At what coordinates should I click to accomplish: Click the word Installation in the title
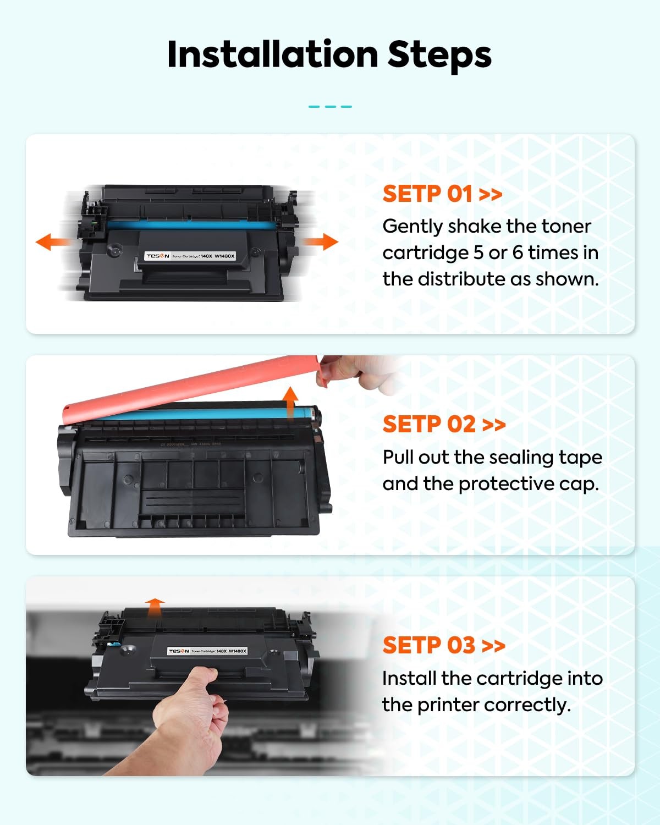point(273,54)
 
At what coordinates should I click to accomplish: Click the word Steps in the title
point(439,56)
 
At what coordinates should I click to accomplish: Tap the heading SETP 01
point(427,194)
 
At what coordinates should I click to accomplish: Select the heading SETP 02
point(429,424)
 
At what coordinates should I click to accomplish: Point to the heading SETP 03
point(429,645)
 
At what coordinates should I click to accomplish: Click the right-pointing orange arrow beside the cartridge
point(321,241)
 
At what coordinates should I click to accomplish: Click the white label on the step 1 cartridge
point(190,256)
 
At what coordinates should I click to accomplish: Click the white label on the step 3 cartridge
point(207,651)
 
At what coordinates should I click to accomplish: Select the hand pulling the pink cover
point(359,374)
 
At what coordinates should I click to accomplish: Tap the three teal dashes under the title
point(330,107)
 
